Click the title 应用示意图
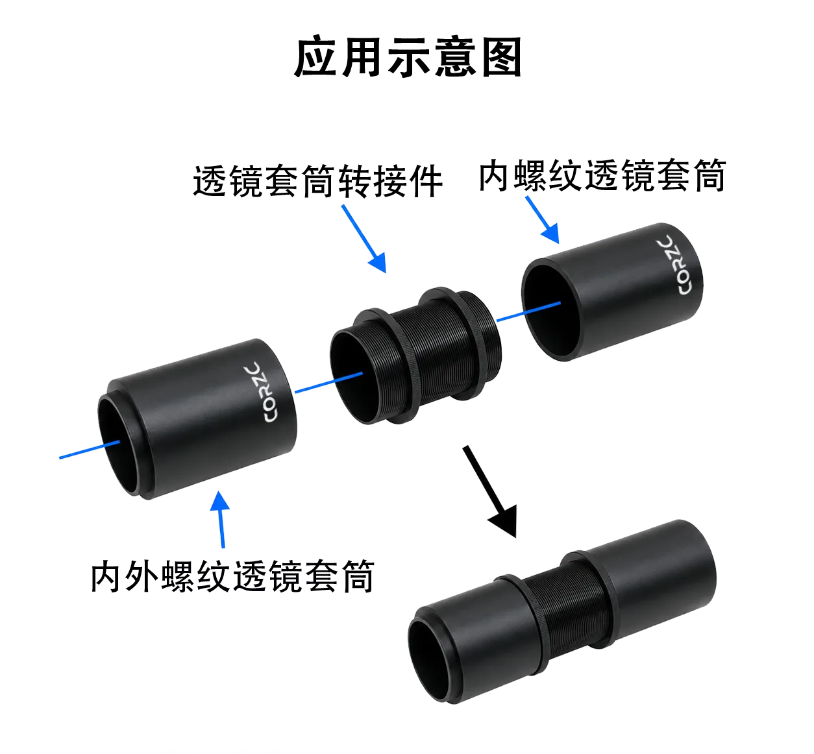click(408, 56)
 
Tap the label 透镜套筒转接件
click(317, 181)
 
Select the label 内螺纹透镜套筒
click(602, 176)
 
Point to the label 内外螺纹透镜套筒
click(232, 576)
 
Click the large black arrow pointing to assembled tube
click(489, 491)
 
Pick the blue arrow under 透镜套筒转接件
click(364, 239)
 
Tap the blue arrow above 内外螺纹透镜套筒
click(221, 519)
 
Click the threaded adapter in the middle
click(415, 356)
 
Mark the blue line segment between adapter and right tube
click(528, 312)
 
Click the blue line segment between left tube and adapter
click(328, 382)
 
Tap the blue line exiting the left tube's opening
click(90, 450)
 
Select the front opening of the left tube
click(119, 446)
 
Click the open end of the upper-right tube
click(550, 310)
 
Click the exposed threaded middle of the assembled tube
click(570, 613)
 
